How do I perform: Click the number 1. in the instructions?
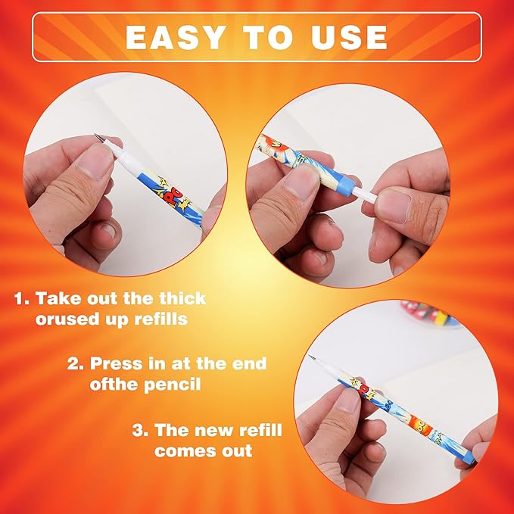coord(23,298)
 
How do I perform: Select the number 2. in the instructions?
coord(75,363)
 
